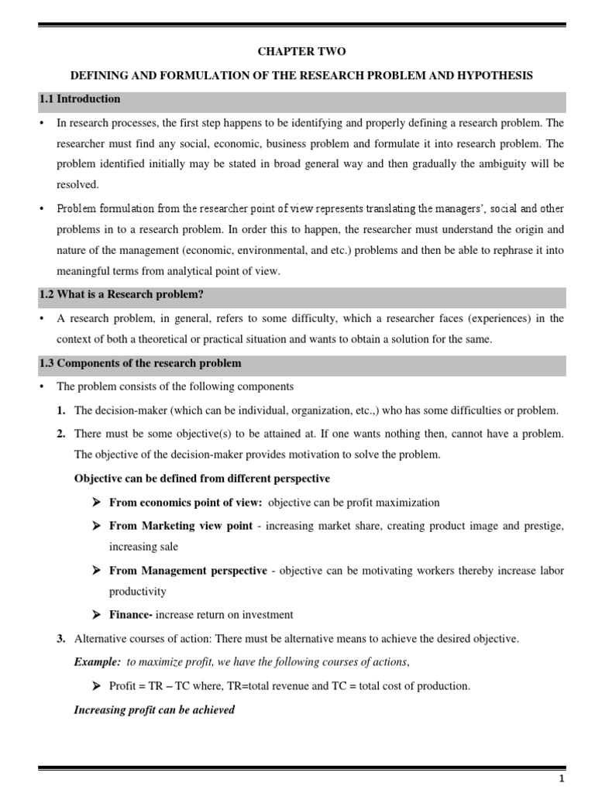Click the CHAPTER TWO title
302,52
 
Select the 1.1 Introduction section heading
80,99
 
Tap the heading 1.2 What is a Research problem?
121,294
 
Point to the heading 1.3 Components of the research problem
140,363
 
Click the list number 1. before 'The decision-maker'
60,410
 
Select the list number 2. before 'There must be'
60,433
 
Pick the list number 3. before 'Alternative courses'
60,639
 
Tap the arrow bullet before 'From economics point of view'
97,502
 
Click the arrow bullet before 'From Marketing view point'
97,525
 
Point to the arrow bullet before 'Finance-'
97,615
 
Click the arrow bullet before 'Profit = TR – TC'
97,686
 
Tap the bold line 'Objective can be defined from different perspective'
201,479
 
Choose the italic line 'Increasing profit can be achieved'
154,709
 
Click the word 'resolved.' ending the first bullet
78,186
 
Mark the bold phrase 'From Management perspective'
188,571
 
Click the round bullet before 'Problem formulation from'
41,209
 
